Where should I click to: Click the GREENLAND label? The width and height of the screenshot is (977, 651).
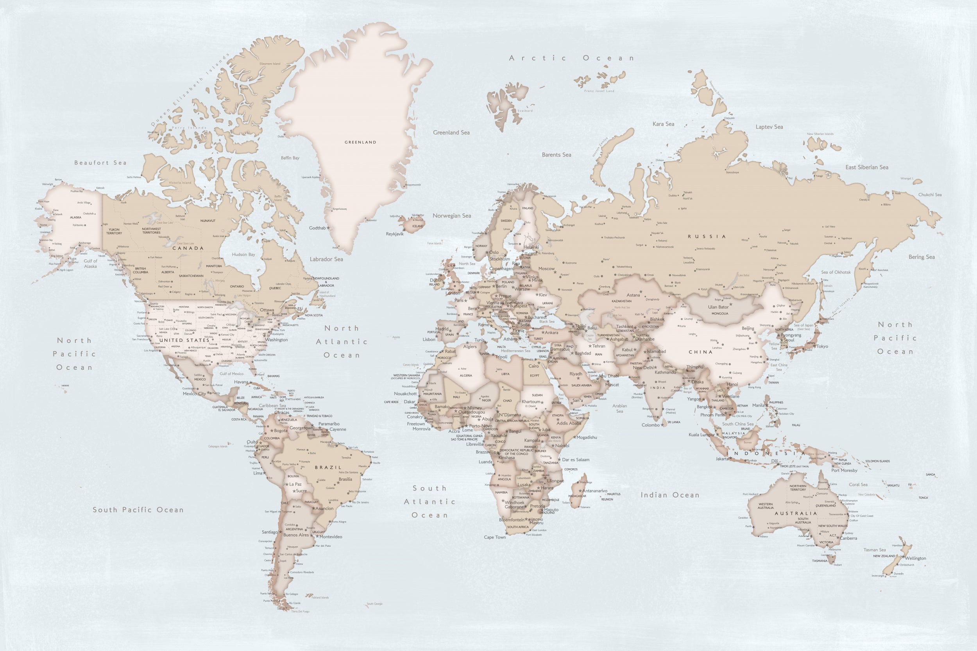(x=360, y=142)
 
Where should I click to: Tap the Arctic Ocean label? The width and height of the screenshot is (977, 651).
(x=571, y=58)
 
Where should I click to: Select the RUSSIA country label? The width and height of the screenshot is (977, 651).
(x=707, y=237)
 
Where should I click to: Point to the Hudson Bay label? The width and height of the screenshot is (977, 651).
(x=243, y=255)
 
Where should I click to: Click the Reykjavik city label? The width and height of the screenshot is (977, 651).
(x=395, y=234)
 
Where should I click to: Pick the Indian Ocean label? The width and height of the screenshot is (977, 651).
(x=669, y=495)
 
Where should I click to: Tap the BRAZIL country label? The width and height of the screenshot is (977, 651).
(x=328, y=467)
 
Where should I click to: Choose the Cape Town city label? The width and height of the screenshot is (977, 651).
(x=495, y=537)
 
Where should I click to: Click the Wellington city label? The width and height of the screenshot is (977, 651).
(x=915, y=558)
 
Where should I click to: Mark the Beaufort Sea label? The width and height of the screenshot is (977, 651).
(x=100, y=163)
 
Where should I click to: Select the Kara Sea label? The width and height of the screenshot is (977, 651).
(x=663, y=124)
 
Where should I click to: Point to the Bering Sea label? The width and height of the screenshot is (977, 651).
(x=922, y=257)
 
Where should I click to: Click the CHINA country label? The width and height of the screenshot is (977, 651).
(x=700, y=352)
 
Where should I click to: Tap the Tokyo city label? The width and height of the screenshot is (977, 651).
(x=822, y=346)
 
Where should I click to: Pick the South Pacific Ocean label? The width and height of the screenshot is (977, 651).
(x=138, y=510)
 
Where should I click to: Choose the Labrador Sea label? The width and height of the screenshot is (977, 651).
(x=326, y=259)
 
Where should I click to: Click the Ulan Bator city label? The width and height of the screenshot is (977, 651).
(x=718, y=307)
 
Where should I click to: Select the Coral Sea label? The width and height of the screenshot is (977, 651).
(x=858, y=485)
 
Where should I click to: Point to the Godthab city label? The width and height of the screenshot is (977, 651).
(x=317, y=228)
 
